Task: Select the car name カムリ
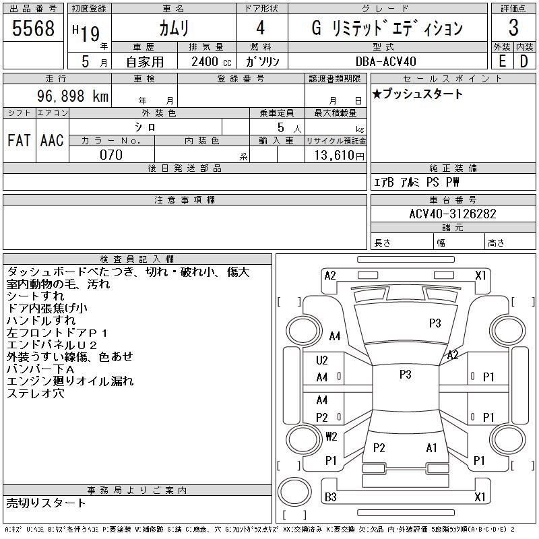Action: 173,28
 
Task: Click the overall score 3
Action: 513,28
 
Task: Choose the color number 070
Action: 111,155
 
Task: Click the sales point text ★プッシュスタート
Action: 417,94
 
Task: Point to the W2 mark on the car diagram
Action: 331,436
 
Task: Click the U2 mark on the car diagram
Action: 322,360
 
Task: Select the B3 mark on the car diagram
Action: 331,497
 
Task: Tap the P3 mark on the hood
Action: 435,323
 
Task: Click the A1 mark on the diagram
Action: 431,448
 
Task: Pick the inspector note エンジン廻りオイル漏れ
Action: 70,381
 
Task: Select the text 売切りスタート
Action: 46,503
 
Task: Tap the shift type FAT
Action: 19,140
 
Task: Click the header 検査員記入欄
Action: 137,259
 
